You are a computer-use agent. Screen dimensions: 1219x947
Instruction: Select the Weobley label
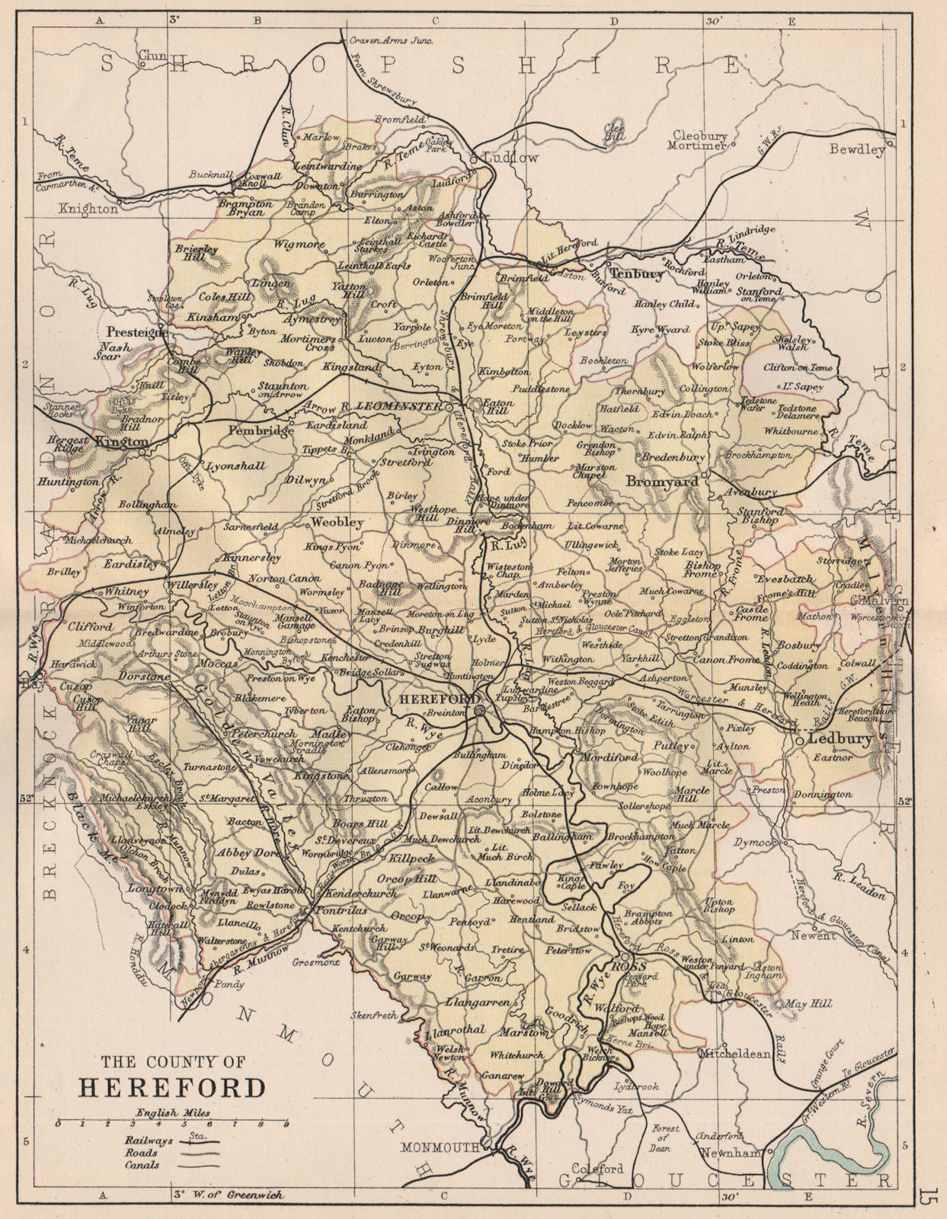click(338, 523)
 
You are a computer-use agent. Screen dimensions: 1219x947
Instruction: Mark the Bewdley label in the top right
click(857, 150)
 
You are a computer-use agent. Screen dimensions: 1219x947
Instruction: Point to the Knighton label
click(89, 208)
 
